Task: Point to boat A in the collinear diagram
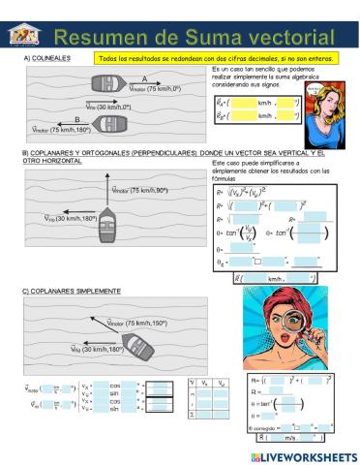(111, 86)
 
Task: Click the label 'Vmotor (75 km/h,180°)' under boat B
(64, 129)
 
